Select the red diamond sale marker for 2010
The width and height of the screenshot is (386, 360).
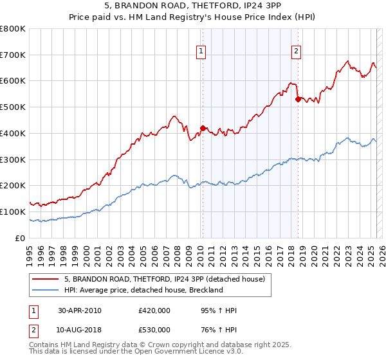point(203,128)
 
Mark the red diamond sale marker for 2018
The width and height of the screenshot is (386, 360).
point(298,99)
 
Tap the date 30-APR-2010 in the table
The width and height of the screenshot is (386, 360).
point(80,311)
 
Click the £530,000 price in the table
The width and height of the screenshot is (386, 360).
point(154,331)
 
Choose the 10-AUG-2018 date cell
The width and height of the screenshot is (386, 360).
point(80,331)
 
